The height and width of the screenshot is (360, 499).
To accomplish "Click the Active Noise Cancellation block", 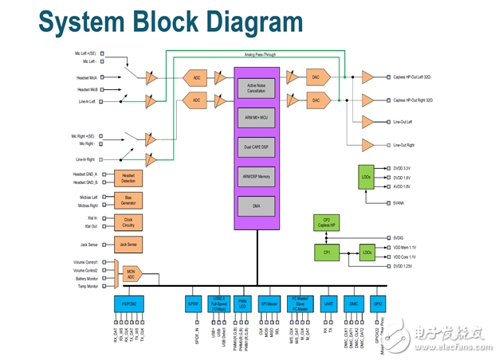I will click(x=257, y=88).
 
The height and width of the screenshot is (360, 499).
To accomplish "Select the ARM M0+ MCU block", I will click(x=257, y=117).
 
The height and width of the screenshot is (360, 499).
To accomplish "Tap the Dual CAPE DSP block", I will click(x=257, y=147).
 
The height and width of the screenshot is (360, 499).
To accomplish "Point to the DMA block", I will click(x=257, y=205).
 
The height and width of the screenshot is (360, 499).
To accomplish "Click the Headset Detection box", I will click(x=128, y=178).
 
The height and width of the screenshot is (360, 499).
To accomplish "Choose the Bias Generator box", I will click(x=128, y=200).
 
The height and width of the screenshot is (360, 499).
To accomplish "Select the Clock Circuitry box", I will click(x=128, y=222).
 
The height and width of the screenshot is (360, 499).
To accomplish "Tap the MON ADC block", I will click(x=131, y=273).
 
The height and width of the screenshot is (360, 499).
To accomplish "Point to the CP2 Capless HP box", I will click(x=327, y=223).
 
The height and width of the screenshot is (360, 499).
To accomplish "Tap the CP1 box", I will click(x=327, y=252).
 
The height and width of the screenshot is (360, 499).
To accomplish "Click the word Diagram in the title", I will click(x=241, y=22).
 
